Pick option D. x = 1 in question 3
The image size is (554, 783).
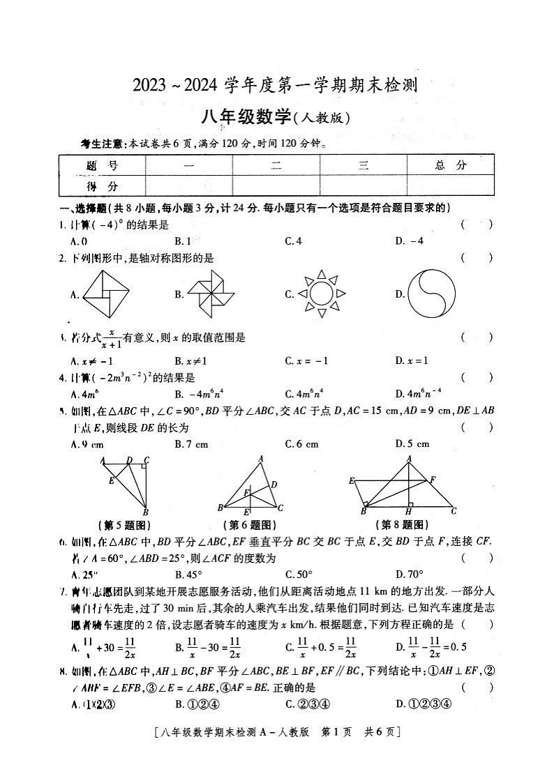[411, 360]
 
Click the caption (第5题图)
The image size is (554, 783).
[124, 525]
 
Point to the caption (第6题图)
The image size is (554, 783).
[250, 525]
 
